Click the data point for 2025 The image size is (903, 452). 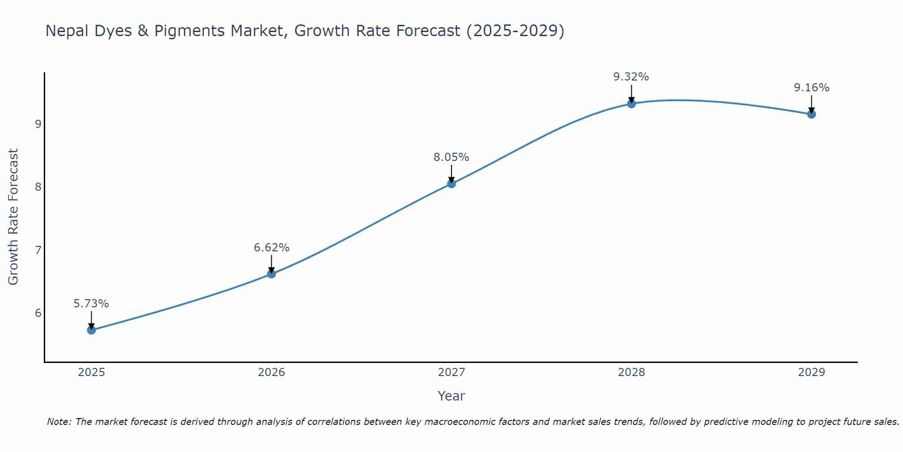click(x=91, y=330)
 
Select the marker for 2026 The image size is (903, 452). click(x=271, y=274)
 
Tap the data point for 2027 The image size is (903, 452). click(x=451, y=184)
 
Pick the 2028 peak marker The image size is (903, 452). click(x=631, y=104)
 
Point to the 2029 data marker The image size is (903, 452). click(x=811, y=114)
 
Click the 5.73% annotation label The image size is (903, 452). click(x=91, y=304)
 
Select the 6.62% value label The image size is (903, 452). click(x=271, y=248)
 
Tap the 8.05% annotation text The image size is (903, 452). click(x=451, y=157)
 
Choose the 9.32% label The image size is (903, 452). click(x=631, y=77)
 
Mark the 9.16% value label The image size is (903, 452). click(x=811, y=88)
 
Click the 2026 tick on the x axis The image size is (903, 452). click(x=271, y=372)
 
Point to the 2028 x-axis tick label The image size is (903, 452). click(x=631, y=372)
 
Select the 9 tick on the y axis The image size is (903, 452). click(x=38, y=124)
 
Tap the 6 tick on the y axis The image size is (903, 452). click(x=38, y=313)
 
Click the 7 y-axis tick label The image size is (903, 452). click(x=38, y=250)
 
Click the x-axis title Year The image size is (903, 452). click(x=451, y=396)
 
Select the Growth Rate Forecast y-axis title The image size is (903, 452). click(x=14, y=217)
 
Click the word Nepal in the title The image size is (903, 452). click(x=66, y=31)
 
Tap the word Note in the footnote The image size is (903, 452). click(x=58, y=422)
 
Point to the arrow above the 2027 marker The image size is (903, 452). click(x=451, y=173)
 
